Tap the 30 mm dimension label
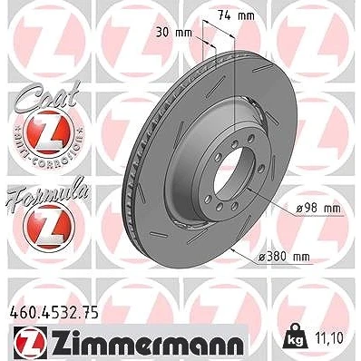point(174,33)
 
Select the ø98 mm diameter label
point(317,209)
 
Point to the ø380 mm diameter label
point(285,257)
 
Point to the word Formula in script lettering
point(46,192)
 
